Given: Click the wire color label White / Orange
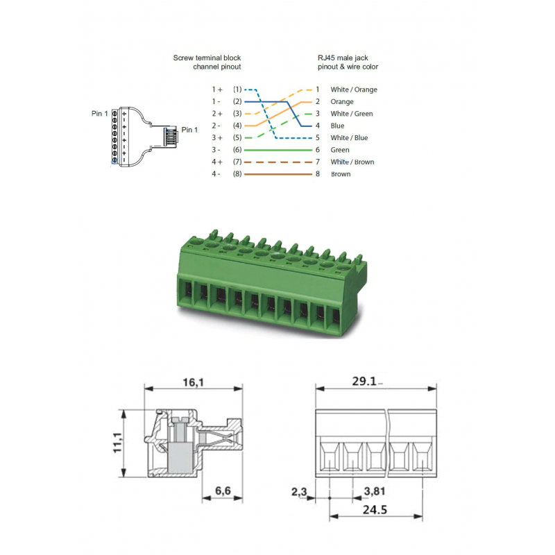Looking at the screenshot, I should point(354,89).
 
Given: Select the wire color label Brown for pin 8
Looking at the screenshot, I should point(341,174).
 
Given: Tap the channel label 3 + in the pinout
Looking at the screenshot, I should point(217,138).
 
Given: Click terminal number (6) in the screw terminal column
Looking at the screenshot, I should point(237,150).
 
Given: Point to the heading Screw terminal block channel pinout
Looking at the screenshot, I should point(207,62).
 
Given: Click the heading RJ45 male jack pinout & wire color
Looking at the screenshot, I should point(348,62).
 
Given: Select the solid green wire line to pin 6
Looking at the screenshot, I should point(277,150).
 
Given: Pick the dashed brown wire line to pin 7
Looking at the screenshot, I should point(277,162).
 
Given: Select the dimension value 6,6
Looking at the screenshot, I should point(223,490).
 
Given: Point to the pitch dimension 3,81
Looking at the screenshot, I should point(375,490).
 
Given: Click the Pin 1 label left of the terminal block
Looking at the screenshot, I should point(99,113).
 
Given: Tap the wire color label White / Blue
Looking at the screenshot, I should point(349,138).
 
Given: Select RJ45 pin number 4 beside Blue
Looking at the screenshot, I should point(318,126).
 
